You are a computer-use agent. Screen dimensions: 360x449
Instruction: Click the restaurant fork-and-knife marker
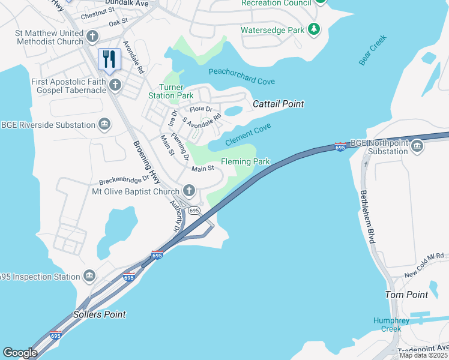coord(109,59)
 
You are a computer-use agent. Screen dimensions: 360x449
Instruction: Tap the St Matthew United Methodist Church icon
coord(92,37)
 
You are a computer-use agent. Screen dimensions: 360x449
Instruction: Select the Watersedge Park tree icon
coord(313,29)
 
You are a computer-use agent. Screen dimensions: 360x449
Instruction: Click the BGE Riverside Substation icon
coord(104,125)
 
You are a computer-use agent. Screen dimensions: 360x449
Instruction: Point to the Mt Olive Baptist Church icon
coord(189,191)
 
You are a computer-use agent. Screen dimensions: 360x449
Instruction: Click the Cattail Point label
coord(278,104)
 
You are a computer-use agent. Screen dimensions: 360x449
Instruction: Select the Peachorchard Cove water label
coord(241,76)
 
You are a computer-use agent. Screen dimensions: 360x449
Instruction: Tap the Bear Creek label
coord(373,50)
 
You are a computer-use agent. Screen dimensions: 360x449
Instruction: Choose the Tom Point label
coord(406,295)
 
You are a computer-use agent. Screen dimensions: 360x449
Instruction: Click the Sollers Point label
coord(99,314)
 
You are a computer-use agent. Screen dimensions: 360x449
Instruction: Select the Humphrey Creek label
coord(391,325)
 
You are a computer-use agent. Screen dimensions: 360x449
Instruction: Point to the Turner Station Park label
coord(171,91)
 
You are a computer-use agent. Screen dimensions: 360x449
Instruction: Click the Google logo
coord(20,353)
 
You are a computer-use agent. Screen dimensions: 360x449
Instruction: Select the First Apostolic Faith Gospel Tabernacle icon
coord(115,86)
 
